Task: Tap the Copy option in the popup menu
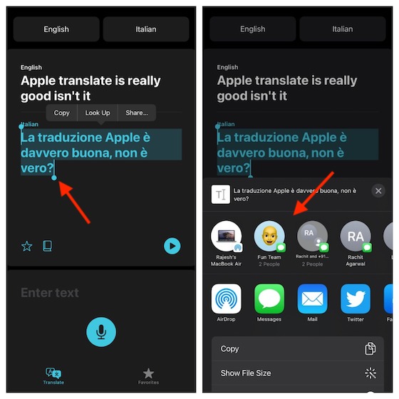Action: pyautogui.click(x=62, y=113)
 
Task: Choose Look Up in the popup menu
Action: pyautogui.click(x=98, y=113)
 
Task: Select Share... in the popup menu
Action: pyautogui.click(x=137, y=113)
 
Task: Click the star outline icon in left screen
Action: pyautogui.click(x=27, y=246)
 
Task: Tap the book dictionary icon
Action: pyautogui.click(x=48, y=246)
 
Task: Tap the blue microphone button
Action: pyautogui.click(x=101, y=331)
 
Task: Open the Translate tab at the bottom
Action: pyautogui.click(x=53, y=375)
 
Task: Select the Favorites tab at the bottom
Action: pyautogui.click(x=148, y=375)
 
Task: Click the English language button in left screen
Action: pyautogui.click(x=56, y=29)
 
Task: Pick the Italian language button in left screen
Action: pyautogui.click(x=146, y=29)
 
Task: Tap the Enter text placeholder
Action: pyautogui.click(x=50, y=293)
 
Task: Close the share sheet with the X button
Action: pyautogui.click(x=378, y=191)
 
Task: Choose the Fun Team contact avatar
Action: pyautogui.click(x=269, y=237)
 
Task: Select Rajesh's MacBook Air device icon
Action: pyautogui.click(x=226, y=237)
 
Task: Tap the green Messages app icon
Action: pyautogui.click(x=269, y=299)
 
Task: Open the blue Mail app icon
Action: pyautogui.click(x=312, y=299)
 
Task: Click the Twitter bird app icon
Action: pyautogui.click(x=356, y=299)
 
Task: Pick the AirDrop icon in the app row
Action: pyautogui.click(x=226, y=299)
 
